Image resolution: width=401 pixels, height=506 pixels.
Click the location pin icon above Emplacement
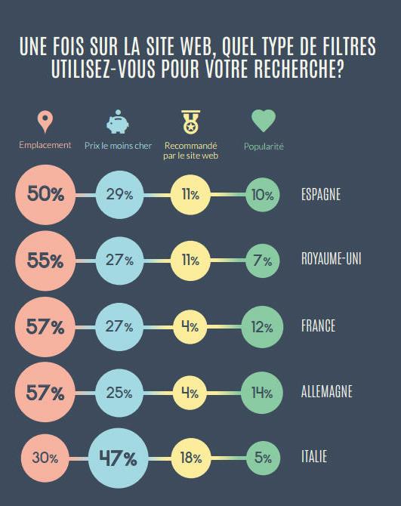[x=45, y=121]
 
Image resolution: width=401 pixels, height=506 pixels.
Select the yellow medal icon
[x=190, y=121]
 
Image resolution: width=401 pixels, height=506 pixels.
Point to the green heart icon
[x=263, y=121]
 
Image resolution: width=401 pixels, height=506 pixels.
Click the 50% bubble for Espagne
[x=45, y=194]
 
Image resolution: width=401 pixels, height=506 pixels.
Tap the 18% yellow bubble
[x=190, y=458]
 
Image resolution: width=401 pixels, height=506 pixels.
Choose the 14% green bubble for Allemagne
[x=263, y=392]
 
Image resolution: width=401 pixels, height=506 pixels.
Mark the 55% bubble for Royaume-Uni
[x=45, y=261]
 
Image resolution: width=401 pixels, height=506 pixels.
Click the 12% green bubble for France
[x=263, y=326]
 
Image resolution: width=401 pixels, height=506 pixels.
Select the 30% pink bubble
[x=46, y=458]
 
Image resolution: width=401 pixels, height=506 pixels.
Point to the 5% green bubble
[x=263, y=458]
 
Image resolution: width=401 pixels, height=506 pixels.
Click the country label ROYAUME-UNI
[x=331, y=261]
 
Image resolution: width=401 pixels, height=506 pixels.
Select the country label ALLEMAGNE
[x=326, y=392]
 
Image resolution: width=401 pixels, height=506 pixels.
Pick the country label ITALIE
[x=314, y=458]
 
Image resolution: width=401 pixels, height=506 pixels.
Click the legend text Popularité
[x=263, y=145]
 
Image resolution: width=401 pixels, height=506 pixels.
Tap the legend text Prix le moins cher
[x=117, y=145]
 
